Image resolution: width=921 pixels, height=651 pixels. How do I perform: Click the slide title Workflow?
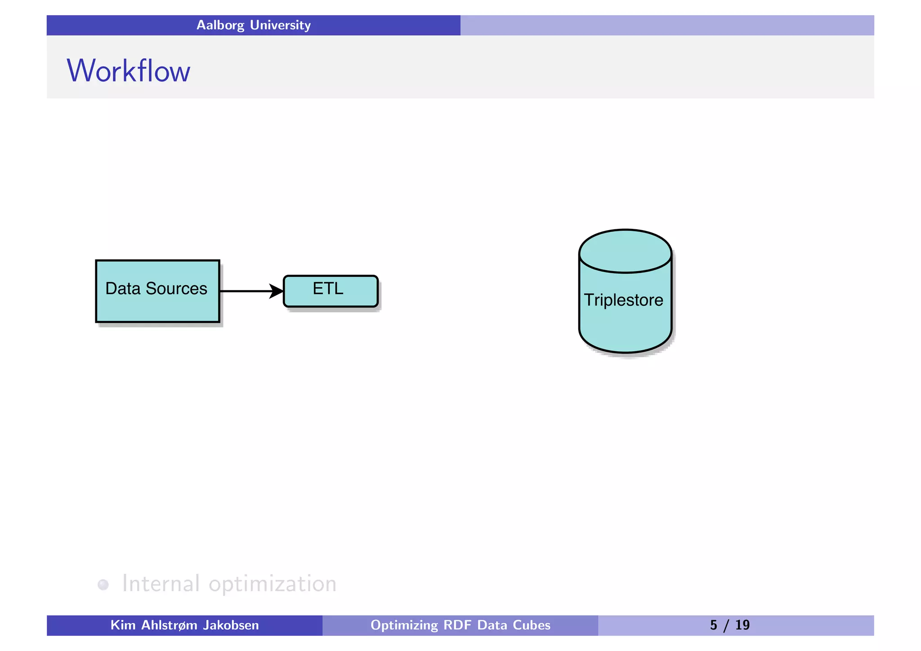click(129, 71)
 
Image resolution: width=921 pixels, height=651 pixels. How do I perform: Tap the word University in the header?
click(280, 25)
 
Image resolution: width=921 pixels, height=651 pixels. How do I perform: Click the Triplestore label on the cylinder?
click(623, 300)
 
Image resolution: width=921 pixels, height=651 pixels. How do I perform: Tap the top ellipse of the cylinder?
click(625, 251)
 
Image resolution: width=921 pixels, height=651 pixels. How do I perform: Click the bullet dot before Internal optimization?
click(103, 584)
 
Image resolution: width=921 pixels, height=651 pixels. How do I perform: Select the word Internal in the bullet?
click(161, 584)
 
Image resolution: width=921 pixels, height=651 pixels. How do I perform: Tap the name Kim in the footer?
click(123, 625)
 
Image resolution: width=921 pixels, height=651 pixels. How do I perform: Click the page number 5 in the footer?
click(714, 625)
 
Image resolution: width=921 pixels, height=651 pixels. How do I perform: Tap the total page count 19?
click(742, 625)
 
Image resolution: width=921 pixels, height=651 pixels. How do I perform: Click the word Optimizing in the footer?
click(404, 625)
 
